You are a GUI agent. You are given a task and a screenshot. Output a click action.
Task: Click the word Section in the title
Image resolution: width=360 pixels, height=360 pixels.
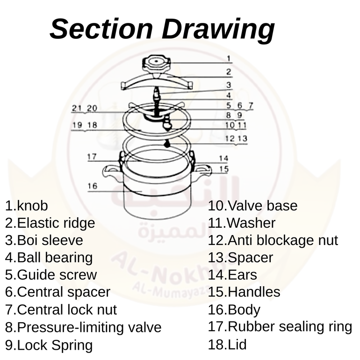tap(101, 29)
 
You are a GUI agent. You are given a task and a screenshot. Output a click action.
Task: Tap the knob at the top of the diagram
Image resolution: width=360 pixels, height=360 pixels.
tap(157, 64)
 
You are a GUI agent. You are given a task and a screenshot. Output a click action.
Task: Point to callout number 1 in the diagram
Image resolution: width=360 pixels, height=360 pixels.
tap(229, 59)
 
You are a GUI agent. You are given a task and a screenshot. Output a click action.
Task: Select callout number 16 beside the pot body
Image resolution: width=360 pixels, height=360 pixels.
tap(93, 186)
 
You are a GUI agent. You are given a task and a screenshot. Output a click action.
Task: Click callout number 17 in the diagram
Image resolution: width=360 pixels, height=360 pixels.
tap(92, 157)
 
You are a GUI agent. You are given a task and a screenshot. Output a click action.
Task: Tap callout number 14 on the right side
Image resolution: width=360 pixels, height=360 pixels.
tap(223, 158)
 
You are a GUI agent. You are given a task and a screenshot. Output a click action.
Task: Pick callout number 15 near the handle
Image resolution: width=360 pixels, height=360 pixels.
tap(224, 169)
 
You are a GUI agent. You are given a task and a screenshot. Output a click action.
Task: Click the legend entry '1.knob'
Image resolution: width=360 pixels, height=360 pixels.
tap(27, 206)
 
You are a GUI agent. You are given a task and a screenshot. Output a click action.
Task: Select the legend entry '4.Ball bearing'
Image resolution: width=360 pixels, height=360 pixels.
tap(49, 258)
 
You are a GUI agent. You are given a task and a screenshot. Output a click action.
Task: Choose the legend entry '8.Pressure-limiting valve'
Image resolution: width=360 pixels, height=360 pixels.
tap(83, 327)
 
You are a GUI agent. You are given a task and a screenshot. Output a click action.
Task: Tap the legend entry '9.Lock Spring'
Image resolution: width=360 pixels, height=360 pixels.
tap(49, 345)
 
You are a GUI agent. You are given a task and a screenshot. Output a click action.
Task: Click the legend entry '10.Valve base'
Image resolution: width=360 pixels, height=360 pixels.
tap(253, 206)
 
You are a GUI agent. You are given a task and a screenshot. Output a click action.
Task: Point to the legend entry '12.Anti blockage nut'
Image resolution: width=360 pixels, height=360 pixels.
tap(273, 240)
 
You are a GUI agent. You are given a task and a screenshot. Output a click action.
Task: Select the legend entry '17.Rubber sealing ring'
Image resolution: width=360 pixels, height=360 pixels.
tap(280, 326)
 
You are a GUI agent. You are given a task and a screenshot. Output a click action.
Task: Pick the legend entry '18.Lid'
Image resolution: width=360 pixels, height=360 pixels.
tap(227, 345)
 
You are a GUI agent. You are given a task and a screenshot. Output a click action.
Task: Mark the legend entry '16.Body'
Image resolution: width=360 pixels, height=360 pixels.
tap(234, 310)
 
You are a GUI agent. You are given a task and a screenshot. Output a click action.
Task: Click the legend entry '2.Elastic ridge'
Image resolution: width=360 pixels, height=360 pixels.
tap(50, 223)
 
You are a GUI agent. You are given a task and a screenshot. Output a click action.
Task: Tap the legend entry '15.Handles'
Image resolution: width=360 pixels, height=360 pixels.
tap(244, 292)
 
